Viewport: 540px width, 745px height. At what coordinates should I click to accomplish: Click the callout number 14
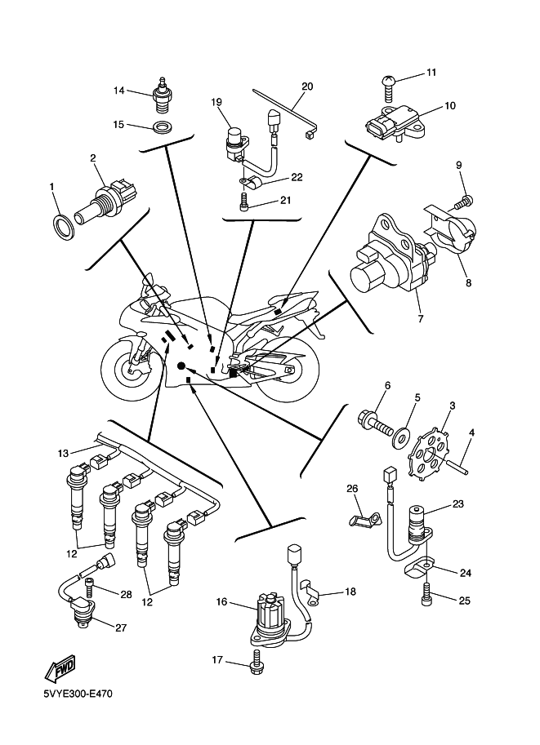click(x=119, y=91)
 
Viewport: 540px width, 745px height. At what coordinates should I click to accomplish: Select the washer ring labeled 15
click(x=163, y=126)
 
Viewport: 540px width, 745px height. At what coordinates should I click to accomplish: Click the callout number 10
click(x=450, y=106)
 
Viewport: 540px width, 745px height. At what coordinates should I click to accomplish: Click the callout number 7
click(x=422, y=318)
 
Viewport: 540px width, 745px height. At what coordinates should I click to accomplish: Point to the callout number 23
click(x=458, y=504)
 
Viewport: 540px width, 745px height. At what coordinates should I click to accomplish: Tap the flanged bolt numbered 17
click(x=256, y=662)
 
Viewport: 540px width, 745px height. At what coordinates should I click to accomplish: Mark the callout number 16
click(x=221, y=603)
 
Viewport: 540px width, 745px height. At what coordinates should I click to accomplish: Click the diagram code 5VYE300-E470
click(x=78, y=695)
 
